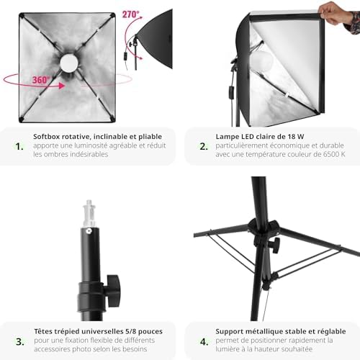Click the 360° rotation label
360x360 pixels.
coord(41,80)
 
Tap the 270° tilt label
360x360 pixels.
coord(131,14)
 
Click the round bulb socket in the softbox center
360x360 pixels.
coord(69,63)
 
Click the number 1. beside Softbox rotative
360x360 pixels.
coord(19,146)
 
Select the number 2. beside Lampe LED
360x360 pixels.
coord(204,146)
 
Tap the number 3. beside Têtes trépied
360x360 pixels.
coord(20,341)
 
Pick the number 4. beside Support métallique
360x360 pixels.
coord(204,341)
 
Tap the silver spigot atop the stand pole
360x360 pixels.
coord(89,213)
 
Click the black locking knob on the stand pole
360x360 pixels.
coord(113,290)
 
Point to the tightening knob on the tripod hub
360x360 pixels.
coord(275,246)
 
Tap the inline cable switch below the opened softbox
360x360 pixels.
coord(231,92)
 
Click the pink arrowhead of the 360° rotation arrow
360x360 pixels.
coord(62,86)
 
